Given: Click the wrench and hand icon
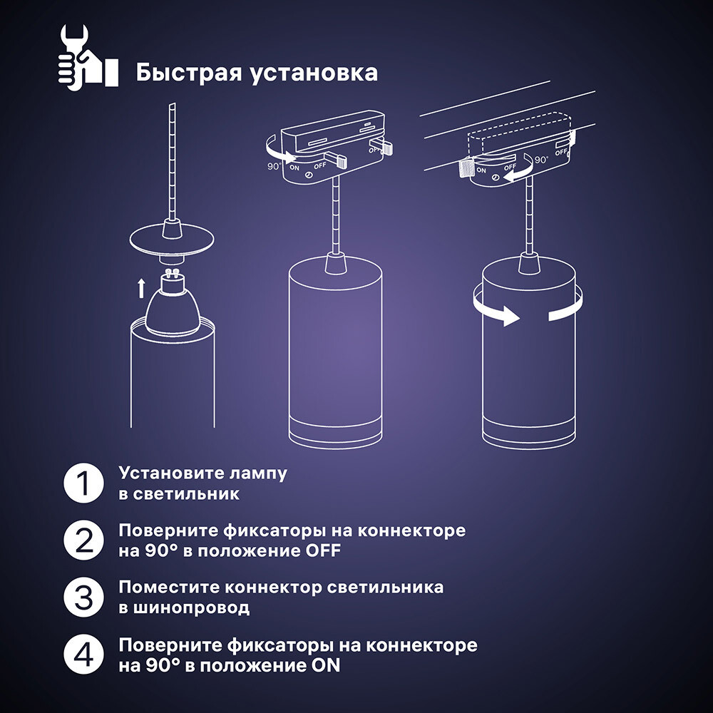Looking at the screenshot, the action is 88,56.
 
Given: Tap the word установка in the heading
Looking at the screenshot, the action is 314,73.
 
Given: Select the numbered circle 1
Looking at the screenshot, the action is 83,483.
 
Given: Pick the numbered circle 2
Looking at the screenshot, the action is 83,540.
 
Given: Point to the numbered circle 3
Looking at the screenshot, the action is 83,597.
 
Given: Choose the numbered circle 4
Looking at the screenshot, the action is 83,655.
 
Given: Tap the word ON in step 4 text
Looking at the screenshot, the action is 326,666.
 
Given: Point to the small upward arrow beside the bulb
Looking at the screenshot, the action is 141,289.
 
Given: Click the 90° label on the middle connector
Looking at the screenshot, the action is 274,166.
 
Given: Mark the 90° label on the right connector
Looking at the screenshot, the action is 542,160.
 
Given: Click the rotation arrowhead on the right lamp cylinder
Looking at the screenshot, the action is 511,316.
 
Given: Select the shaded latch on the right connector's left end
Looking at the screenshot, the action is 466,168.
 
